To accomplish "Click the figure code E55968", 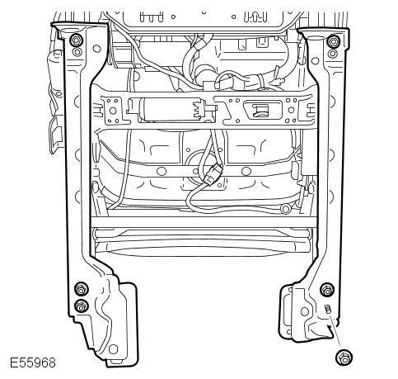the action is tap(33, 362).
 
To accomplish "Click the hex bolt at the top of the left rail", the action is tap(77, 40).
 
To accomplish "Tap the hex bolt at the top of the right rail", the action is tap(334, 42).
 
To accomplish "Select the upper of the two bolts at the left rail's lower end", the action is tap(82, 289).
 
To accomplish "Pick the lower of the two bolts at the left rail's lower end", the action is tap(82, 306).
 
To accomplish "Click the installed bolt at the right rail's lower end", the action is tap(327, 290).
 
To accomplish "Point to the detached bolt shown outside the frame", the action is tap(344, 358).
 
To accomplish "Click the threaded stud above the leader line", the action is tap(328, 309).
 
